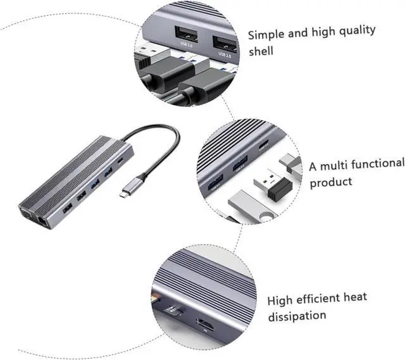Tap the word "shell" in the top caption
(260, 51)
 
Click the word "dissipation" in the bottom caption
(296, 315)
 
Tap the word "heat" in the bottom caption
(354, 297)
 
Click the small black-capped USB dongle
(270, 185)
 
